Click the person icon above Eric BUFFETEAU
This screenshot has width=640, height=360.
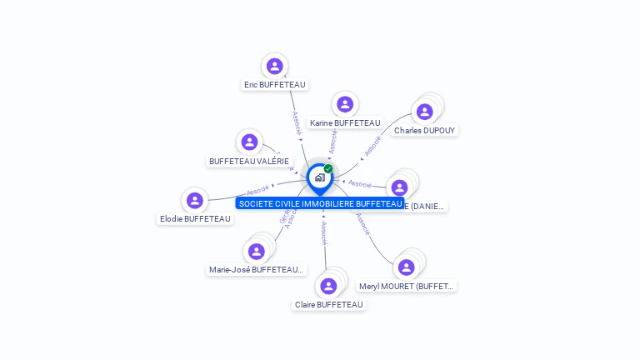click(275, 66)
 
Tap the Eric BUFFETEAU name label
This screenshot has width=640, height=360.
click(275, 84)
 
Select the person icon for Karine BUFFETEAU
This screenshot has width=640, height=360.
click(345, 104)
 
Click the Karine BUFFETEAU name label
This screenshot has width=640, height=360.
click(345, 122)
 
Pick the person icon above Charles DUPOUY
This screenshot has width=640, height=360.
click(425, 112)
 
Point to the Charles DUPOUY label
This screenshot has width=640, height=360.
click(426, 130)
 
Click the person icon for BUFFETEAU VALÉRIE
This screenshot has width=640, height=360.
click(249, 142)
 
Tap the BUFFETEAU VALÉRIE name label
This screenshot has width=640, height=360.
click(249, 161)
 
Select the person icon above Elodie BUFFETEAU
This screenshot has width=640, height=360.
click(195, 200)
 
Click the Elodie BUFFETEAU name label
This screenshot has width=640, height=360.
click(195, 218)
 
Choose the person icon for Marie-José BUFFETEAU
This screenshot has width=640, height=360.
click(256, 251)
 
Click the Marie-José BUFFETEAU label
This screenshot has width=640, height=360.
click(257, 269)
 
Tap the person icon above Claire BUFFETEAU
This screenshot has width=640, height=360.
click(328, 286)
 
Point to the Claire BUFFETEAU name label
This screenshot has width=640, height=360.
click(329, 304)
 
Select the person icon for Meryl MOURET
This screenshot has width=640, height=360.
click(406, 267)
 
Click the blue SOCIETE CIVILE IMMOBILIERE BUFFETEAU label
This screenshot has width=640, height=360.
click(320, 203)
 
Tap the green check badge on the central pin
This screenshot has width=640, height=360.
click(328, 169)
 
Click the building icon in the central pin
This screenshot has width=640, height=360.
click(319, 177)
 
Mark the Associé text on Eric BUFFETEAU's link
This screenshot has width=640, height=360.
click(296, 122)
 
